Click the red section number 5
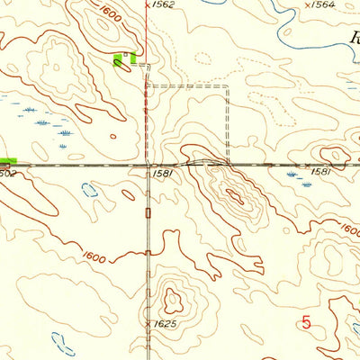click(307, 321)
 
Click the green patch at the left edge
click(8, 160)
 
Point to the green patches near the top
click(126, 60)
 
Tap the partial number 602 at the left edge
click(8, 173)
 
